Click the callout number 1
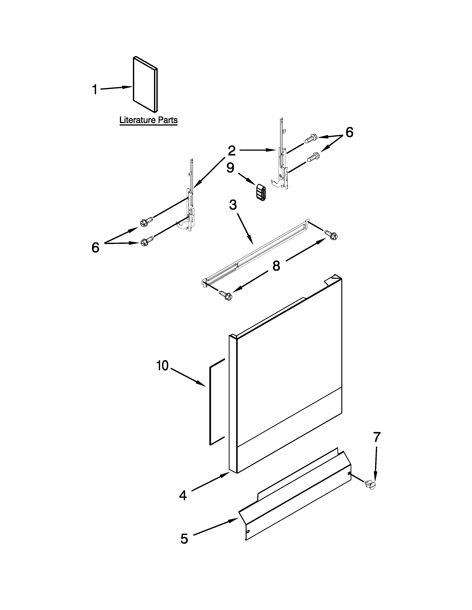click(x=95, y=90)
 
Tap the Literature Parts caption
click(x=148, y=120)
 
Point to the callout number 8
click(x=276, y=266)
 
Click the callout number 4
click(x=183, y=495)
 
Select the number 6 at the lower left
click(x=95, y=248)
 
